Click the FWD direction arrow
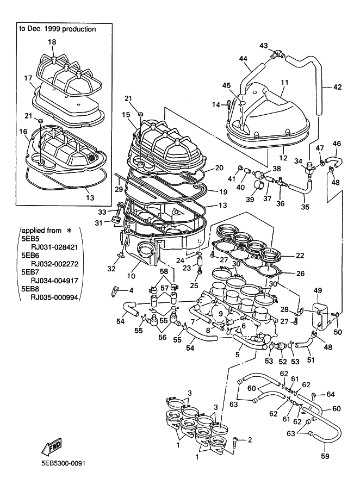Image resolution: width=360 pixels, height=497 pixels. pos(52,447)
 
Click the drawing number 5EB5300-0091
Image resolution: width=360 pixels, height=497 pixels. pos(63,463)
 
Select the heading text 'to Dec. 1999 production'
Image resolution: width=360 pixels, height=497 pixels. pos(58,29)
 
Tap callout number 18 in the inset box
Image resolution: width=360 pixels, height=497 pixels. pos(52,42)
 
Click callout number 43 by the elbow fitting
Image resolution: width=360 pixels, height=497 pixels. pos(264,46)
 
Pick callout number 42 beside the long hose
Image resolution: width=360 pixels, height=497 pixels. pos(337,86)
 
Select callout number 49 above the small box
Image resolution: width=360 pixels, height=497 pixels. pos(318,291)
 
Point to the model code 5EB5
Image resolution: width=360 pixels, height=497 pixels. pos(29,237)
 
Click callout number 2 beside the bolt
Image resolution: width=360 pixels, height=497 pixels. pos(250,439)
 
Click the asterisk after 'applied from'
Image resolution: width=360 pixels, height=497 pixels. pos(69,231)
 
